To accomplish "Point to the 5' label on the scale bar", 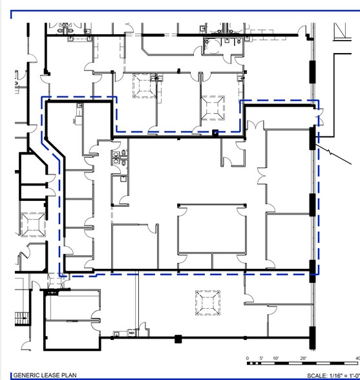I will (x=262, y=358).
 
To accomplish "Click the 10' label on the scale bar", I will (x=276, y=358).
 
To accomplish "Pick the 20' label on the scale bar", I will (x=304, y=358).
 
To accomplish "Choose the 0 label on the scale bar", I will (x=248, y=358).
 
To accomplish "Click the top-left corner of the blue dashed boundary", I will (x=42, y=98).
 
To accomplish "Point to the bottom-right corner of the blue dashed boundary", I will (x=317, y=275).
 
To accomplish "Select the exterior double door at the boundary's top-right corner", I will (x=317, y=116).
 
